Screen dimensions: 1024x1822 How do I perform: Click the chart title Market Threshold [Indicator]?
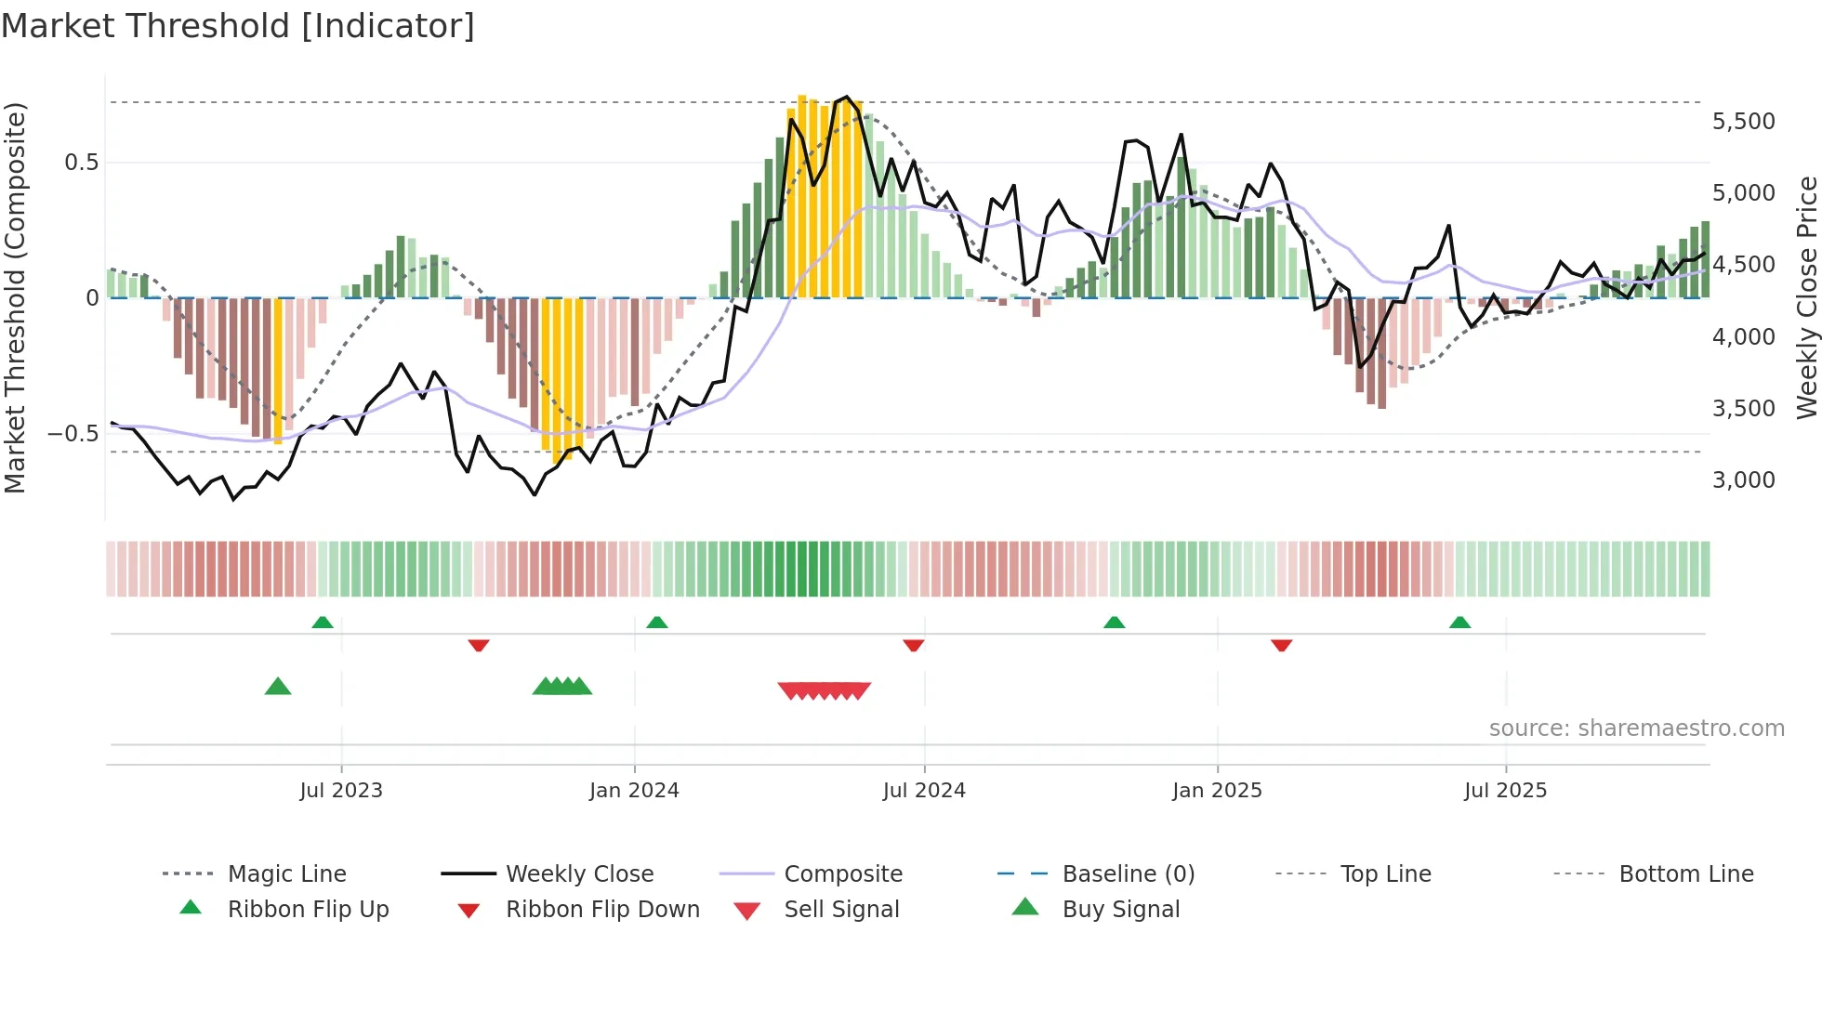238,26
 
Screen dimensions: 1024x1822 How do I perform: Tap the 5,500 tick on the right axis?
1743,122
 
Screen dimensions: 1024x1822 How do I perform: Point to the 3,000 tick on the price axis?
1743,480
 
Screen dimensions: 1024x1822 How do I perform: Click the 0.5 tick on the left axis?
81,163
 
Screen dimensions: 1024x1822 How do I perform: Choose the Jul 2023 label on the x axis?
341,791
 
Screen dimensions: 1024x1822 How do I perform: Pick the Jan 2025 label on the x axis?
1217,791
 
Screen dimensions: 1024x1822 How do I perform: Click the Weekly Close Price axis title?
1806,297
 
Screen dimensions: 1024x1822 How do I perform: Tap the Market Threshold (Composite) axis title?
15,297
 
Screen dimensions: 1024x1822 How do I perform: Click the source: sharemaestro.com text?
1636,729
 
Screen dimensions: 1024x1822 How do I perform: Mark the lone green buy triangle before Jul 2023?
278,687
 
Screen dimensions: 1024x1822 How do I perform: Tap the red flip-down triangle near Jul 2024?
914,645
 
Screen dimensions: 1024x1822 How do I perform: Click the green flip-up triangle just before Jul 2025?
1459,622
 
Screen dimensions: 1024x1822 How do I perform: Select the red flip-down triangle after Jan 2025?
1281,645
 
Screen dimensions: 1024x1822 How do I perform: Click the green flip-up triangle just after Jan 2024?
657,622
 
